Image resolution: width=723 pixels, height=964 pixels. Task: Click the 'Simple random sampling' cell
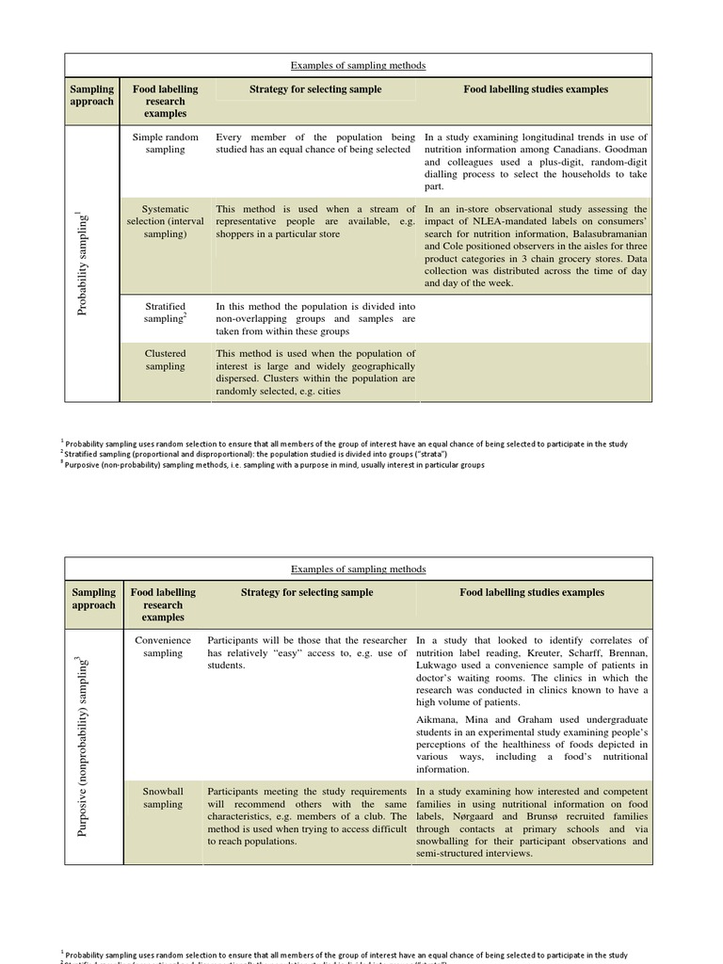click(165, 143)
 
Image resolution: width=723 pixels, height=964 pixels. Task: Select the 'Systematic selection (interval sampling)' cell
click(165, 221)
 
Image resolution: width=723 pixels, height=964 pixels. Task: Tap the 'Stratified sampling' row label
click(165, 313)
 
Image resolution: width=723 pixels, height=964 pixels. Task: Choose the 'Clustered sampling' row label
click(165, 360)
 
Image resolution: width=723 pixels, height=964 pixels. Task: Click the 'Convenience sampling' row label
click(164, 647)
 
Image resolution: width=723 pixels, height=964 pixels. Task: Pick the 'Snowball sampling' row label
click(164, 798)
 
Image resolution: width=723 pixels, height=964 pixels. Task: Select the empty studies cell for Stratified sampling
click(535, 319)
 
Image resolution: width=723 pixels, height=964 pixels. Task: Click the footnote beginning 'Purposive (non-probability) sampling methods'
click(275, 465)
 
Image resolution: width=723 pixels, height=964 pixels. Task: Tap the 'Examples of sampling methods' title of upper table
click(358, 65)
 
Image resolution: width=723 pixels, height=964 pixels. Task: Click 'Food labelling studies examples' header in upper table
click(535, 89)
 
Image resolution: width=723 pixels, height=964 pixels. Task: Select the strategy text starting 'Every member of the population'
click(314, 143)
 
